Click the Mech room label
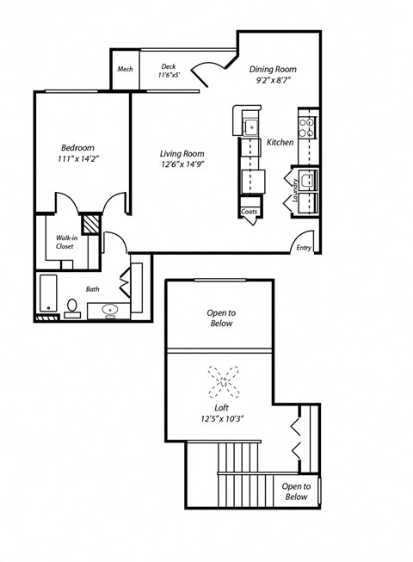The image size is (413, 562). click(125, 68)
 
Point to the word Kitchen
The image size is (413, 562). click(280, 142)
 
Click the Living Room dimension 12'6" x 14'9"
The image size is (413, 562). click(182, 164)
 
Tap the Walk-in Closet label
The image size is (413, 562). click(65, 242)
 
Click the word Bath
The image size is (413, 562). click(93, 290)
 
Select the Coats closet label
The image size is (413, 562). click(250, 211)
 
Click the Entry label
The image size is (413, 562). click(304, 248)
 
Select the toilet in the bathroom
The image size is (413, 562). click(72, 307)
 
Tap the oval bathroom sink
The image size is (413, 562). click(110, 309)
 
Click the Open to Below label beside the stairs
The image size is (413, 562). click(296, 491)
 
